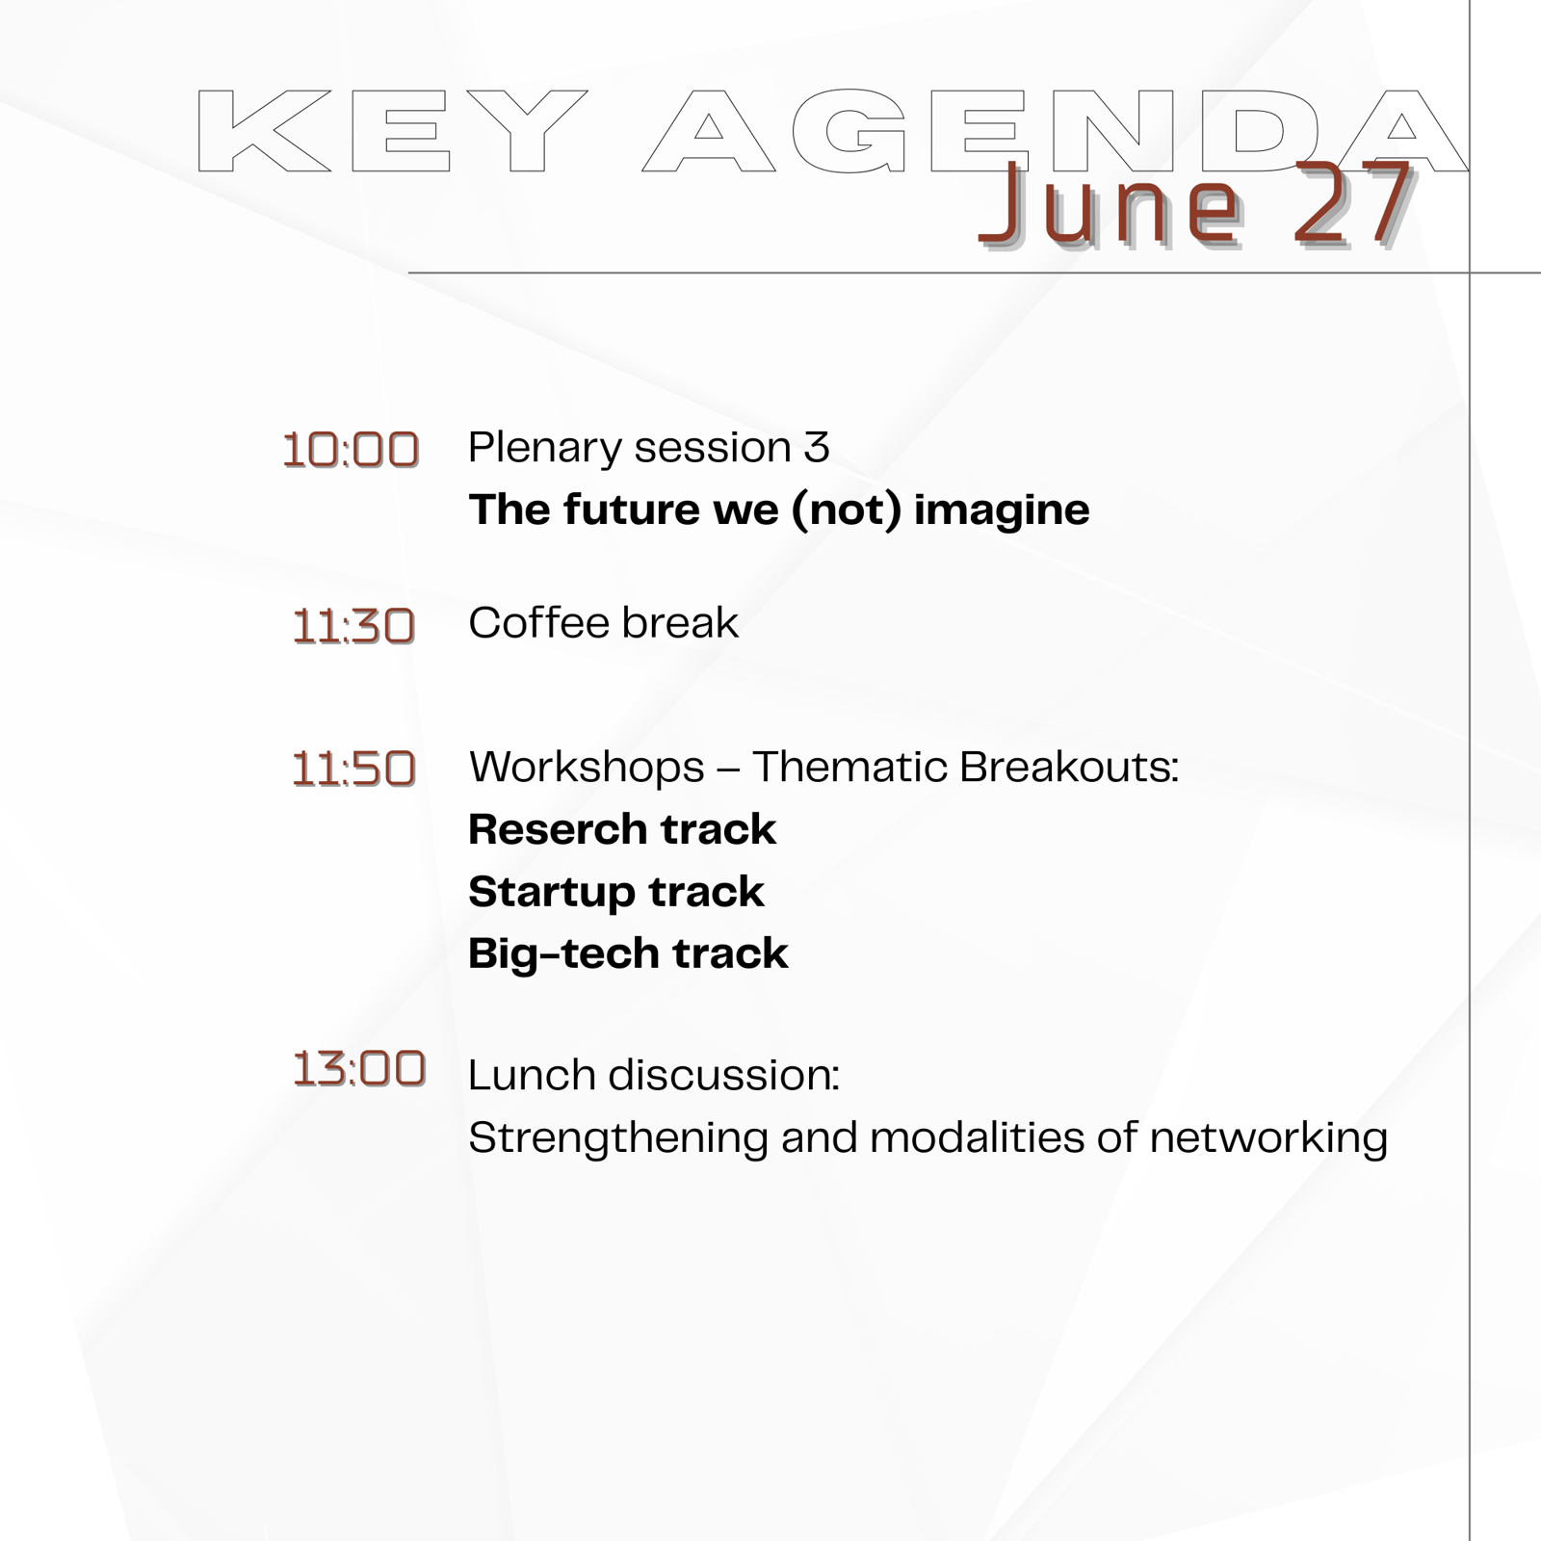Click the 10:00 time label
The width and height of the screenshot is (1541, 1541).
tap(351, 451)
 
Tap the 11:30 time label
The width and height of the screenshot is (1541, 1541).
tap(353, 627)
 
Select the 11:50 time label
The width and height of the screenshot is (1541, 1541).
tap(353, 770)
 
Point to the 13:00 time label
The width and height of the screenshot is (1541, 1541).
tap(358, 1069)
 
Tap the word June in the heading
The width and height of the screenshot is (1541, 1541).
tap(1110, 204)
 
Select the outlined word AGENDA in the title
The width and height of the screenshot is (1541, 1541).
tap(1056, 131)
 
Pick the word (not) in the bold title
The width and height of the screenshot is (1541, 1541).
tap(846, 510)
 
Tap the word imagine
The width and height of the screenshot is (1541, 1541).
tap(1002, 510)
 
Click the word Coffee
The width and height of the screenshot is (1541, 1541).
tap(539, 623)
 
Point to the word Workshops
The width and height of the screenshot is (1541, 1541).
tap(588, 769)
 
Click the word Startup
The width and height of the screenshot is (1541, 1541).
tap(552, 893)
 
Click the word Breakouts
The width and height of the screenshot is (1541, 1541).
tap(1069, 768)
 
